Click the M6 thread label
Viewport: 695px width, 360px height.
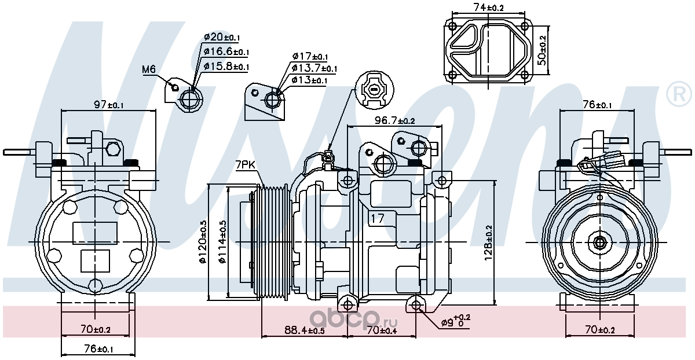click(x=149, y=69)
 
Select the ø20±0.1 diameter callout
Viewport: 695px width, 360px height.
click(x=222, y=38)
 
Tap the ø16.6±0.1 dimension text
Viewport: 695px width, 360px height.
click(x=226, y=52)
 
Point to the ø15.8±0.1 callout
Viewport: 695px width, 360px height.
click(x=226, y=66)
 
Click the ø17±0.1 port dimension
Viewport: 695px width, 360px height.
click(x=310, y=57)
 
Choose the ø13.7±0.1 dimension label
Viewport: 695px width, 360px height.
click(x=314, y=68)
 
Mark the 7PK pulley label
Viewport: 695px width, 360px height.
click(x=245, y=165)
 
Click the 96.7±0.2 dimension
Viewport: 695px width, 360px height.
click(x=394, y=120)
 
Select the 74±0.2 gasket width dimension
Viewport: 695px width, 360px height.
click(x=488, y=8)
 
